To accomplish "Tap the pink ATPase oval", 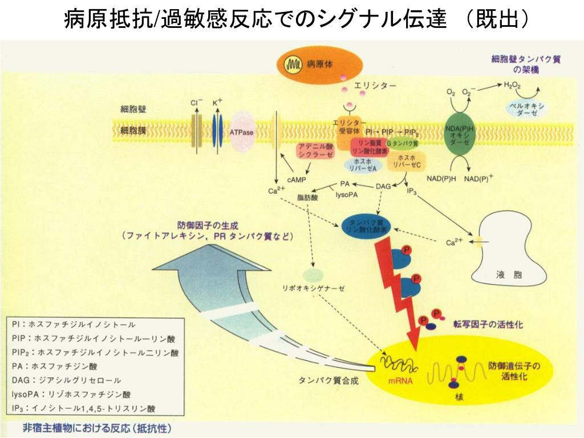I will (x=242, y=132).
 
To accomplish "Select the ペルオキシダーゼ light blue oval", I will (x=528, y=109).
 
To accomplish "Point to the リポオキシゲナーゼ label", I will (x=317, y=288).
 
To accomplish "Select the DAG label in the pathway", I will (x=383, y=186).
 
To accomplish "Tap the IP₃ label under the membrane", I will (x=412, y=192).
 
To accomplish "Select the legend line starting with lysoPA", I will (x=71, y=394).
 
